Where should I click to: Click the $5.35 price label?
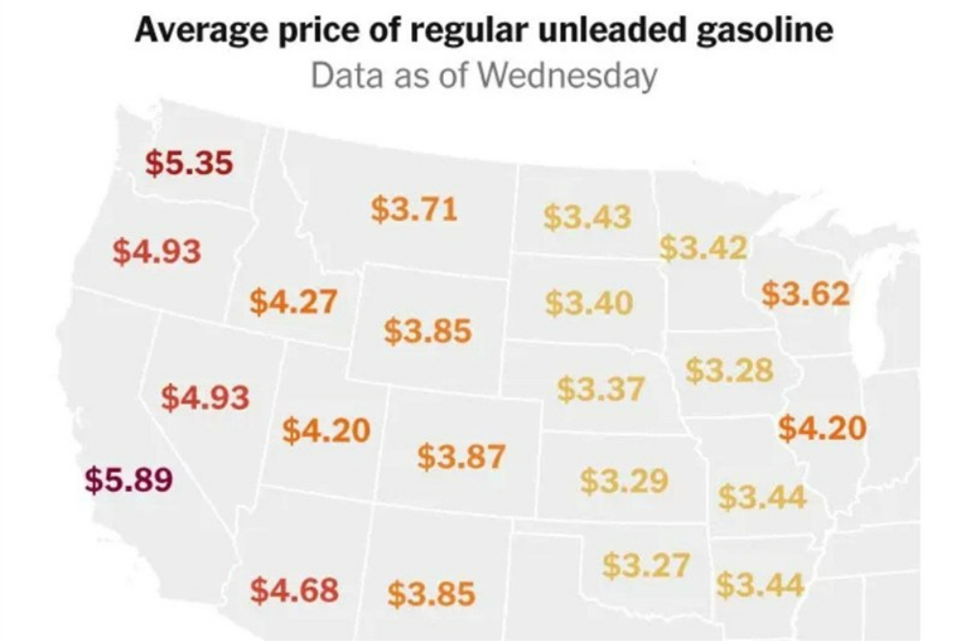pyautogui.click(x=190, y=163)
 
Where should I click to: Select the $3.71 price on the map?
pyautogui.click(x=414, y=209)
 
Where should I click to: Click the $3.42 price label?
pyautogui.click(x=703, y=247)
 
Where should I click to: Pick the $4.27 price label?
pyautogui.click(x=294, y=301)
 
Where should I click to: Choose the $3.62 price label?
pyautogui.click(x=806, y=293)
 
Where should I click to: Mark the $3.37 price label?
pyautogui.click(x=601, y=390)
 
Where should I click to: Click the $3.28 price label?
pyautogui.click(x=729, y=370)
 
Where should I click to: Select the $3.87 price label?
pyautogui.click(x=461, y=456)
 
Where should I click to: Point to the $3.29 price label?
pyautogui.click(x=624, y=479)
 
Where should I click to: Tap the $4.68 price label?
pyautogui.click(x=295, y=588)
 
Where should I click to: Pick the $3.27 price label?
pyautogui.click(x=647, y=566)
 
